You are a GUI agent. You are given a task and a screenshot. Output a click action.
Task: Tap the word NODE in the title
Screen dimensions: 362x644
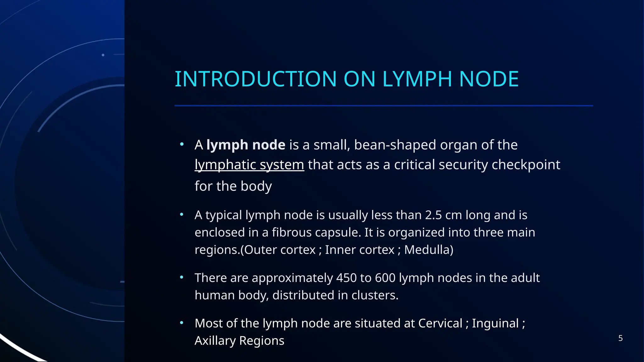pos(489,79)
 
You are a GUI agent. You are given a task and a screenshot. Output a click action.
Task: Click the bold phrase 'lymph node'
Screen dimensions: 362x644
pos(246,145)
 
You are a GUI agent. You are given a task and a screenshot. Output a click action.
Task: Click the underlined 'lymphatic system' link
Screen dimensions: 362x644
pos(249,165)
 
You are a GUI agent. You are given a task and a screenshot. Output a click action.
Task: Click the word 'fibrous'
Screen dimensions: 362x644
pos(291,233)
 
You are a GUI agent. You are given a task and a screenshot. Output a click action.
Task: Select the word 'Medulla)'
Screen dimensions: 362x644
pos(429,250)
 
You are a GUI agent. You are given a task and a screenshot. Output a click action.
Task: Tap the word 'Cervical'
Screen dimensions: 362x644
pos(440,323)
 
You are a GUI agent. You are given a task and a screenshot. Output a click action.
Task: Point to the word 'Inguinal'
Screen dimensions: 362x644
pos(495,323)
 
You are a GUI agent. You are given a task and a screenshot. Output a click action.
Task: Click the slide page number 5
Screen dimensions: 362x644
pos(620,338)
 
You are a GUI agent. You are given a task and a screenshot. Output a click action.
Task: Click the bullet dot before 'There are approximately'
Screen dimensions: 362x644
pos(181,277)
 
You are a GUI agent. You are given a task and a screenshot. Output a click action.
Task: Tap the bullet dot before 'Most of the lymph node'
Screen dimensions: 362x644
pos(181,323)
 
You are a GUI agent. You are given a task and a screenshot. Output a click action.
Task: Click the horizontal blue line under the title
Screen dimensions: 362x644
pos(384,106)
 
